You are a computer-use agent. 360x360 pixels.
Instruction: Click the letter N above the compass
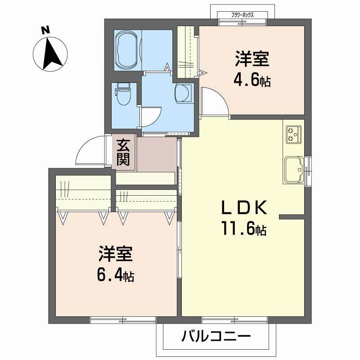(x=45, y=30)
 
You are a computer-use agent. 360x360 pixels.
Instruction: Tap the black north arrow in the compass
(x=52, y=54)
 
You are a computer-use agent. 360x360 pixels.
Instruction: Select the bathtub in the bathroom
(x=128, y=50)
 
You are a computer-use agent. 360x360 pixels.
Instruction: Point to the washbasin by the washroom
(x=184, y=93)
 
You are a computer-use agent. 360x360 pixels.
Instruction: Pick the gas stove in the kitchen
(x=294, y=135)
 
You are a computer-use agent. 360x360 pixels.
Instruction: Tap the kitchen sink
(x=294, y=170)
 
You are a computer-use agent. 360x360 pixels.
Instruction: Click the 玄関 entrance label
(x=123, y=152)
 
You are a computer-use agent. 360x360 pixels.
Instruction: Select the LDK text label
(x=244, y=207)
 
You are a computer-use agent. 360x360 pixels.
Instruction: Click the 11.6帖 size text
(x=244, y=228)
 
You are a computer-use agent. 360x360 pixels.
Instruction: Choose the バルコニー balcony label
(x=216, y=337)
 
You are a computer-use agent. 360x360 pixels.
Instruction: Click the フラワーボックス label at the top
(x=243, y=15)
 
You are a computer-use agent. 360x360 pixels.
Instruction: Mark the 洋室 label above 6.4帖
(x=116, y=254)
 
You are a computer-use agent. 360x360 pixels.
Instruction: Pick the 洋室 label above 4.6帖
(x=252, y=59)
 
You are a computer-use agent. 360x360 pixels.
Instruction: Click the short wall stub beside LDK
(x=292, y=217)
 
